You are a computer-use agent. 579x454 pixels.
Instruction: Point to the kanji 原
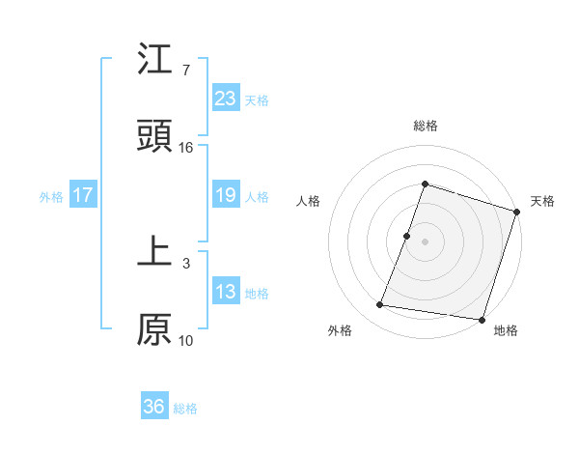[154, 328]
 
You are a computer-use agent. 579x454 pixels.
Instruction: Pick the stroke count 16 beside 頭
[186, 147]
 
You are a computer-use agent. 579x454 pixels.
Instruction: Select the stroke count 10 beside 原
[186, 340]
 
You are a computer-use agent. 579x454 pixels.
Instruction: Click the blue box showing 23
[226, 99]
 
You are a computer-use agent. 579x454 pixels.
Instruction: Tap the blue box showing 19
[226, 195]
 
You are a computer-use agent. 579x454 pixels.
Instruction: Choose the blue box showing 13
[226, 292]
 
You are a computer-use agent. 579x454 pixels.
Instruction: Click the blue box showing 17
[83, 195]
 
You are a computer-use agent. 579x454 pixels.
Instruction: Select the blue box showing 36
[154, 407]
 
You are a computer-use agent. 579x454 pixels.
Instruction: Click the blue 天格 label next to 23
[257, 99]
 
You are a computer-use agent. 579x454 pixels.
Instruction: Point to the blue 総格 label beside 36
[185, 408]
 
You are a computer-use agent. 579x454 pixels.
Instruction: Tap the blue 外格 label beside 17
[51, 196]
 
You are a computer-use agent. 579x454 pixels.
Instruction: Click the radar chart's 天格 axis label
[542, 201]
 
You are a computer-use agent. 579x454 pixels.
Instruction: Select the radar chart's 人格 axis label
[308, 201]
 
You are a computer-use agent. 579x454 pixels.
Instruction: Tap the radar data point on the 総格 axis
[425, 184]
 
